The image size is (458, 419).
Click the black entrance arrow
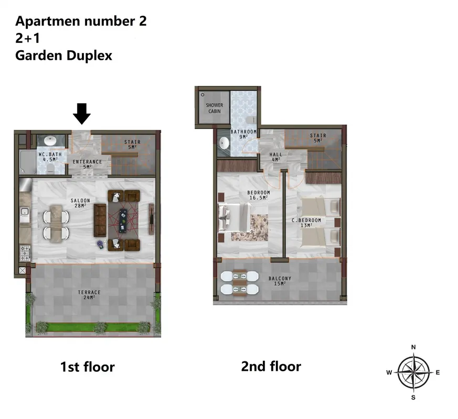[x=81, y=114]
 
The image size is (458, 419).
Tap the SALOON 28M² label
[x=80, y=203]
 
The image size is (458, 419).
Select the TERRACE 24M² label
[x=89, y=294]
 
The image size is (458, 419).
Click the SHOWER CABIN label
[x=215, y=108]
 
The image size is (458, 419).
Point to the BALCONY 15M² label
[x=280, y=281]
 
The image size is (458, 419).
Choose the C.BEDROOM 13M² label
[x=306, y=223]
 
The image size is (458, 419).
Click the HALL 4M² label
[x=276, y=157]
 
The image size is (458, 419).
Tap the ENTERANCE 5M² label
[x=87, y=164]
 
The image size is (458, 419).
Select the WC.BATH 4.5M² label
[x=50, y=157]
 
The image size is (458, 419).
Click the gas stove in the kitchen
[x=25, y=253]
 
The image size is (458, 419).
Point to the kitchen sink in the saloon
[x=25, y=212]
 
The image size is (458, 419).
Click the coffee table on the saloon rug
[x=123, y=220]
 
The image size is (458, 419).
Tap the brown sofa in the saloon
[x=100, y=220]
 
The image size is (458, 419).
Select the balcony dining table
[x=240, y=282]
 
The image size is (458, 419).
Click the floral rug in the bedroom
[x=250, y=228]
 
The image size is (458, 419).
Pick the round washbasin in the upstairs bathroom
[x=224, y=143]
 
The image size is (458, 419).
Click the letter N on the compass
[x=413, y=347]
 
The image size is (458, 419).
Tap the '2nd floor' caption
[x=271, y=367]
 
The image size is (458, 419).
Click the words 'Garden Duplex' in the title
[x=63, y=56]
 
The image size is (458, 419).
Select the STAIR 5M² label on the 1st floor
[x=132, y=145]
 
